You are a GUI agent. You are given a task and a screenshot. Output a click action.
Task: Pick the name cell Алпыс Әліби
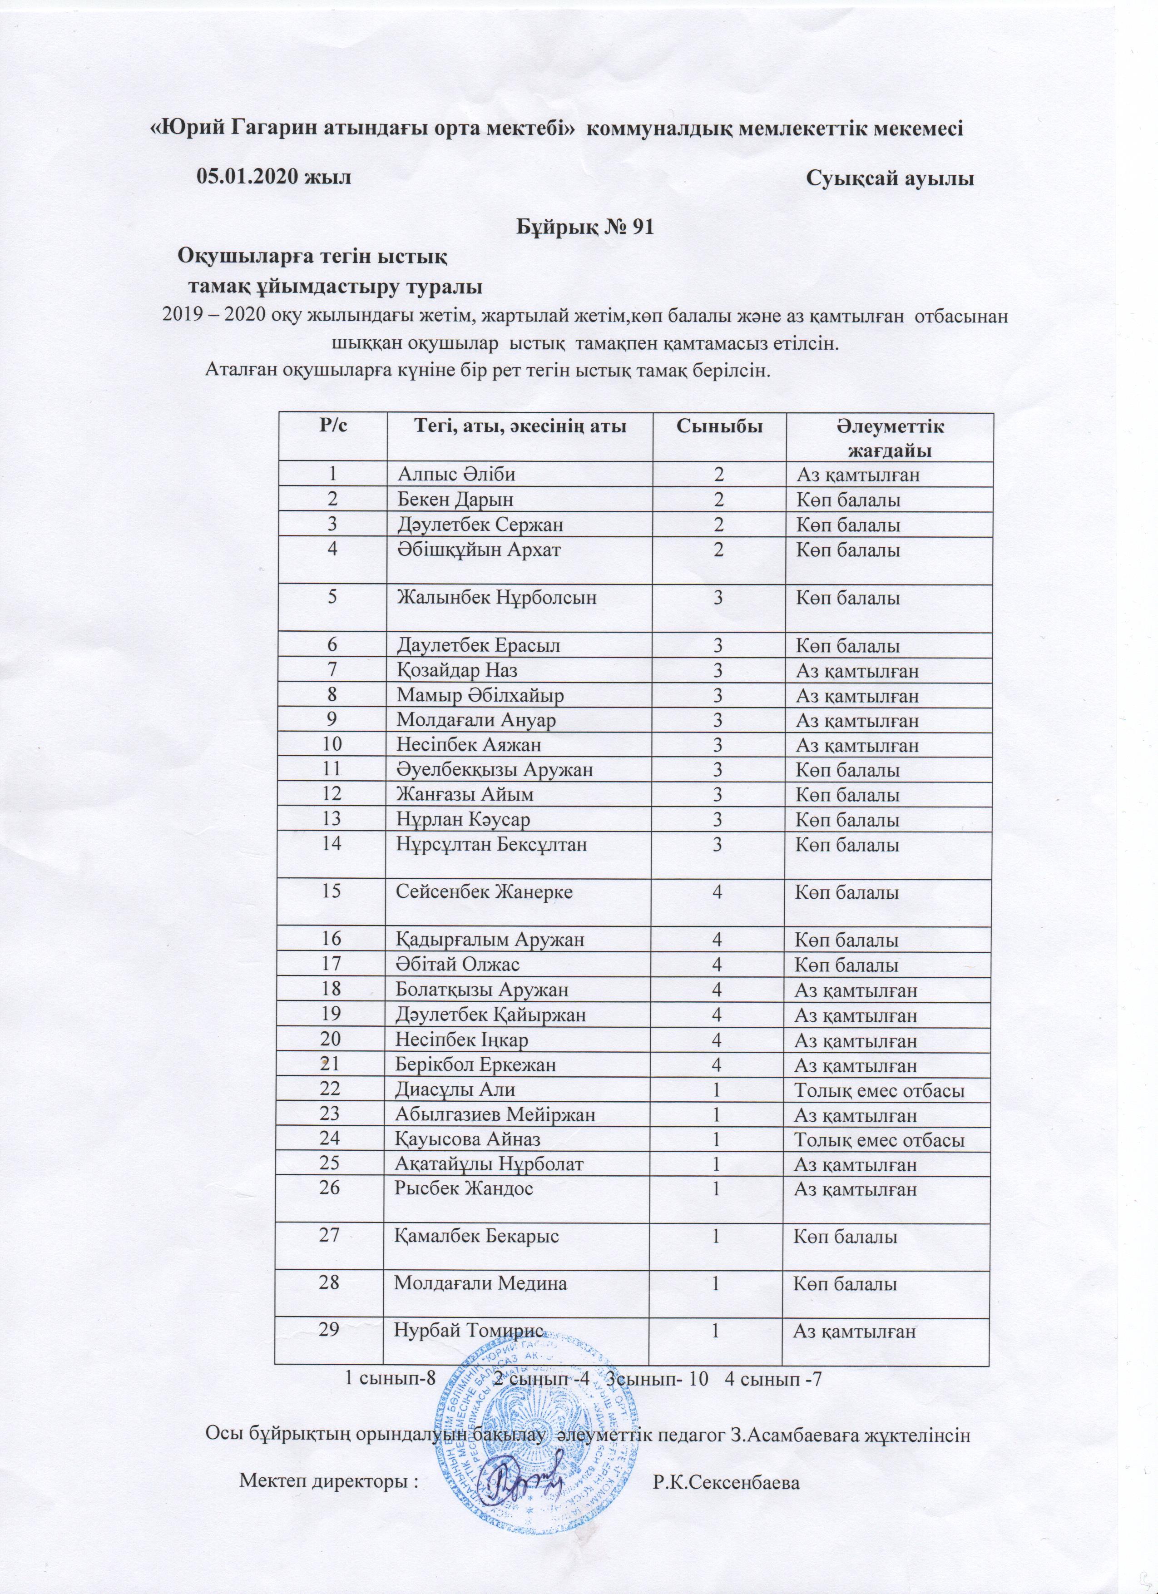pos(457,475)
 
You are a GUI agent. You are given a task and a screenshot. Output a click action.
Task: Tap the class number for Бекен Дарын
pos(719,500)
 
